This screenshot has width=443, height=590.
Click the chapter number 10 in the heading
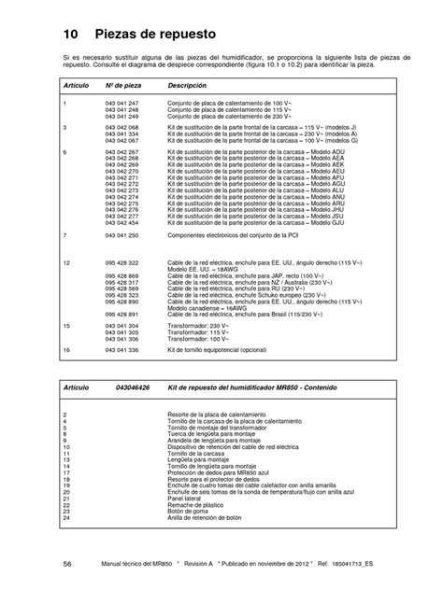point(70,35)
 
